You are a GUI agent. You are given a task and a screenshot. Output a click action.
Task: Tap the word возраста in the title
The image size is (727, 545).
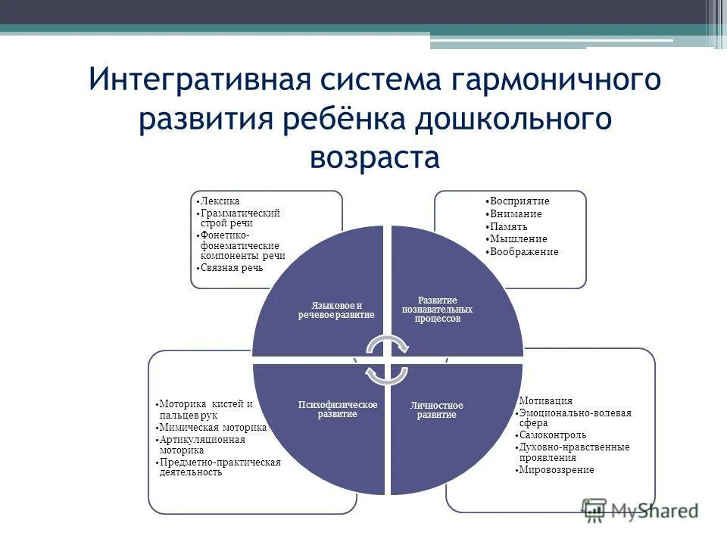(374, 157)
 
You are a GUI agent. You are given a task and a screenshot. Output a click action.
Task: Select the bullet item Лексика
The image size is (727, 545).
(220, 201)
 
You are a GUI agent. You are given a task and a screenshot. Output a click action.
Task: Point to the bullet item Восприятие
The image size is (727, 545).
(520, 201)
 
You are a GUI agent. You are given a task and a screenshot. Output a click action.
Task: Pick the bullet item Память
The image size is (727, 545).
(509, 226)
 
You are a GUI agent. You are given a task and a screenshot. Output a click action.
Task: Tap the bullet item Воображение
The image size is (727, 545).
(524, 251)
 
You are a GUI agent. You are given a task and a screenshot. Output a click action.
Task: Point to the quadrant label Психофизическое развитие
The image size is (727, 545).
(337, 410)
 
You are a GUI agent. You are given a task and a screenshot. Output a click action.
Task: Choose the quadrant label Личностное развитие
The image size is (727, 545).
(436, 410)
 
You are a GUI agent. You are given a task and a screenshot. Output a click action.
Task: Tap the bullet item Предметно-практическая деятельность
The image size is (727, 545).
(220, 467)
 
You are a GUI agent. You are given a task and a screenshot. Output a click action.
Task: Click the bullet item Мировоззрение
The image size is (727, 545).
(557, 470)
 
